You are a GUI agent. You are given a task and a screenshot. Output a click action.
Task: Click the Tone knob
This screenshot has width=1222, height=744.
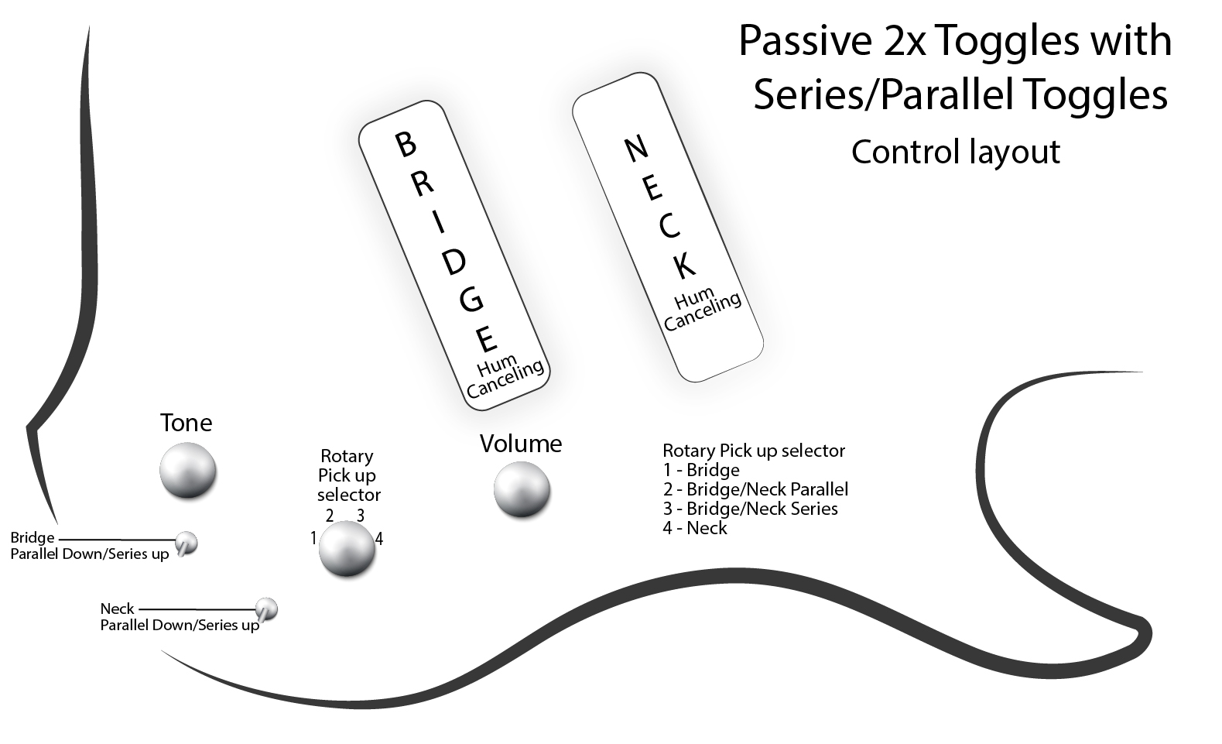tap(187, 471)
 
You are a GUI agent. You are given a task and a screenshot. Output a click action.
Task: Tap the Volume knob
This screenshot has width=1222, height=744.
tap(522, 490)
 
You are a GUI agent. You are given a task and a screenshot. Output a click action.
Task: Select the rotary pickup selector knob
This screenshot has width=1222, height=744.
tap(347, 548)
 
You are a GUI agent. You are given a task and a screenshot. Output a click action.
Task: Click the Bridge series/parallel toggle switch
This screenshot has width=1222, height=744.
tap(186, 543)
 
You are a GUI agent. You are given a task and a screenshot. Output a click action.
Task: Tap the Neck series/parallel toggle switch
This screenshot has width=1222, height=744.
tap(266, 609)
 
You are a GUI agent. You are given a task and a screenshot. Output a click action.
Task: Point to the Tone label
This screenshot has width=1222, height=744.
tap(186, 423)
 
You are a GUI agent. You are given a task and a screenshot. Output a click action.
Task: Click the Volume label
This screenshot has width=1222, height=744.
tap(520, 444)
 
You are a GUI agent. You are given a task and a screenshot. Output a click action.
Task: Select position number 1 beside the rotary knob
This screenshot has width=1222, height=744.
tap(313, 538)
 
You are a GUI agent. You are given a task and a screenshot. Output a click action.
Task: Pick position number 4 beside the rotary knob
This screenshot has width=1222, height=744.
tap(379, 539)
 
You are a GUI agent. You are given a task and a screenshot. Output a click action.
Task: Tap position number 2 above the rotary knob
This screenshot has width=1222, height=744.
tap(330, 516)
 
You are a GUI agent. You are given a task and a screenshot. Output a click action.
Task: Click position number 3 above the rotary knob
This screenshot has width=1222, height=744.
tap(360, 516)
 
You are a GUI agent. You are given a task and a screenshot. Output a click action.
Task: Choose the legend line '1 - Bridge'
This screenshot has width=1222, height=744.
tap(700, 470)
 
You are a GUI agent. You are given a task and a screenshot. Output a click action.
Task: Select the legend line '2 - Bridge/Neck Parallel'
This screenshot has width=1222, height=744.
tap(755, 489)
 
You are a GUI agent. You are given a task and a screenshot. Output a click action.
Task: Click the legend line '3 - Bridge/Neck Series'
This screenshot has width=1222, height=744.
tap(750, 509)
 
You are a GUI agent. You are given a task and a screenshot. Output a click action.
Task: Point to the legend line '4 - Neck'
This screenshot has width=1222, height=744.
tap(695, 528)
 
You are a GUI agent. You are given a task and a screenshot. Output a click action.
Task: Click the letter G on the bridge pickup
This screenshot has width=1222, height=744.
tap(471, 299)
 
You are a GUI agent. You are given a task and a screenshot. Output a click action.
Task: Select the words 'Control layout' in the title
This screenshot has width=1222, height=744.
tap(955, 152)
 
